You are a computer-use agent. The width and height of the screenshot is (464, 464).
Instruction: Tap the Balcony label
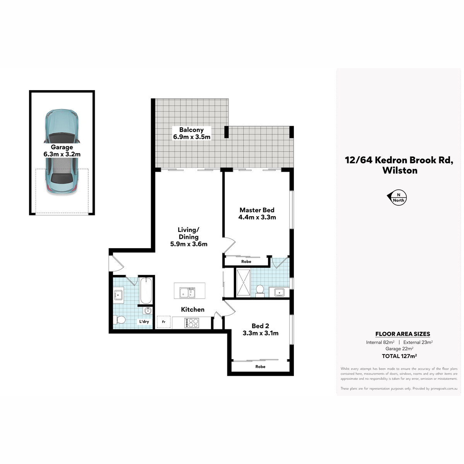click(192, 133)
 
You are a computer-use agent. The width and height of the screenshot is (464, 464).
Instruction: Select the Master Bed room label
click(257, 213)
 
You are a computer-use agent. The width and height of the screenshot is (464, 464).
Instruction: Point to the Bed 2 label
click(261, 329)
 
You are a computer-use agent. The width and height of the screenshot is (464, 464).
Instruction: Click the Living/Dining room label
click(189, 237)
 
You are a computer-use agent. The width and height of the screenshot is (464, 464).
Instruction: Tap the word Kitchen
click(193, 309)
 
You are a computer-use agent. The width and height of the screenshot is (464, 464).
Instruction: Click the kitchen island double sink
click(187, 293)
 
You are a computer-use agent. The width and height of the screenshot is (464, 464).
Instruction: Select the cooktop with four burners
click(192, 323)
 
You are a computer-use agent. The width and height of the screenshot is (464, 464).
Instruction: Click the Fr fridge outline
click(164, 322)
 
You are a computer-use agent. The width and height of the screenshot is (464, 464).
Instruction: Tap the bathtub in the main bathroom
click(146, 291)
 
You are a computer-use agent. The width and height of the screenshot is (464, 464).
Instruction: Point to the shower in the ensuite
click(244, 282)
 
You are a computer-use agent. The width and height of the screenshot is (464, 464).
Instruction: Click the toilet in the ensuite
click(260, 291)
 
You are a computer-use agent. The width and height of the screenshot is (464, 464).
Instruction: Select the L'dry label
click(144, 321)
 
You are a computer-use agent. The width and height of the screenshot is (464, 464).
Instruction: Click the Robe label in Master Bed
click(246, 261)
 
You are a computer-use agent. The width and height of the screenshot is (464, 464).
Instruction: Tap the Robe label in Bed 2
click(260, 367)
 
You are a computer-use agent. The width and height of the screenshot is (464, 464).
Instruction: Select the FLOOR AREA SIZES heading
click(403, 334)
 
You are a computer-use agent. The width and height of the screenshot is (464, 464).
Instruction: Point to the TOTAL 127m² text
click(399, 356)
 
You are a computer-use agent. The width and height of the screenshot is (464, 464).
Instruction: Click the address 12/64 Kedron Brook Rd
click(399, 160)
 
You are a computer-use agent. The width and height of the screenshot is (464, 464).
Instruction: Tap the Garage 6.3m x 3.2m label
click(62, 150)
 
